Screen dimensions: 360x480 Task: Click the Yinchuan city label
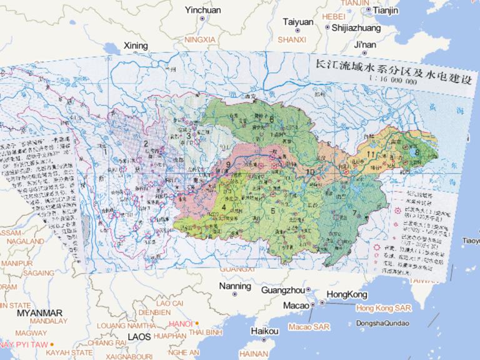(x=203, y=10)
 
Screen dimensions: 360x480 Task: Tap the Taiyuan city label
(x=297, y=22)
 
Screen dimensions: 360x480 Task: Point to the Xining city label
(x=136, y=46)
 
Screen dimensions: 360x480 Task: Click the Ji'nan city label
(x=364, y=44)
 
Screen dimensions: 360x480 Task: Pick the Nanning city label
(x=235, y=286)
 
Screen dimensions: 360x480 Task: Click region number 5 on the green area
(x=273, y=210)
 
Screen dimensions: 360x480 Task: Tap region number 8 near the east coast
(x=416, y=151)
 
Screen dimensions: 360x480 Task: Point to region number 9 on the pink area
(x=227, y=165)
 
